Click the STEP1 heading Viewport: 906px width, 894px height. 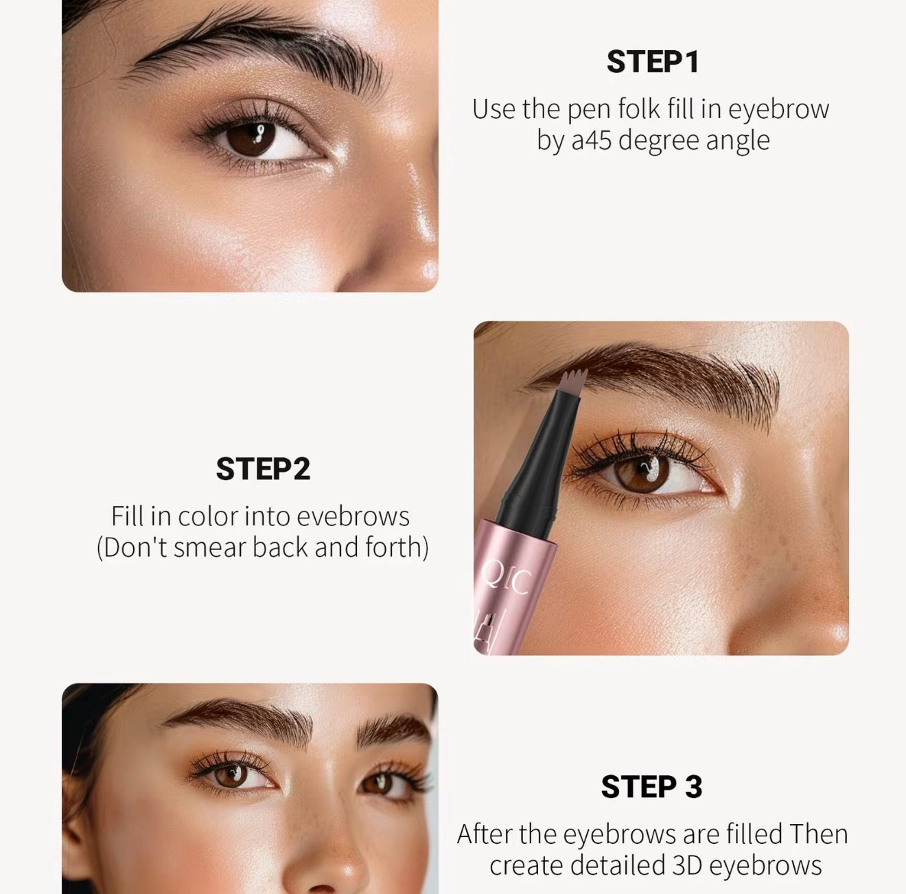(x=652, y=62)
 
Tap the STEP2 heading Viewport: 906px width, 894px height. (x=263, y=469)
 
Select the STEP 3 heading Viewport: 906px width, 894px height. (x=651, y=787)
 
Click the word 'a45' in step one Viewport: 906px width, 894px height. (x=592, y=140)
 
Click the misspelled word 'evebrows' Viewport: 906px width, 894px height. (x=353, y=516)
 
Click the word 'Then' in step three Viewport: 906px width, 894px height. (x=819, y=834)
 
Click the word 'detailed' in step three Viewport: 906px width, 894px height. (x=618, y=865)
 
